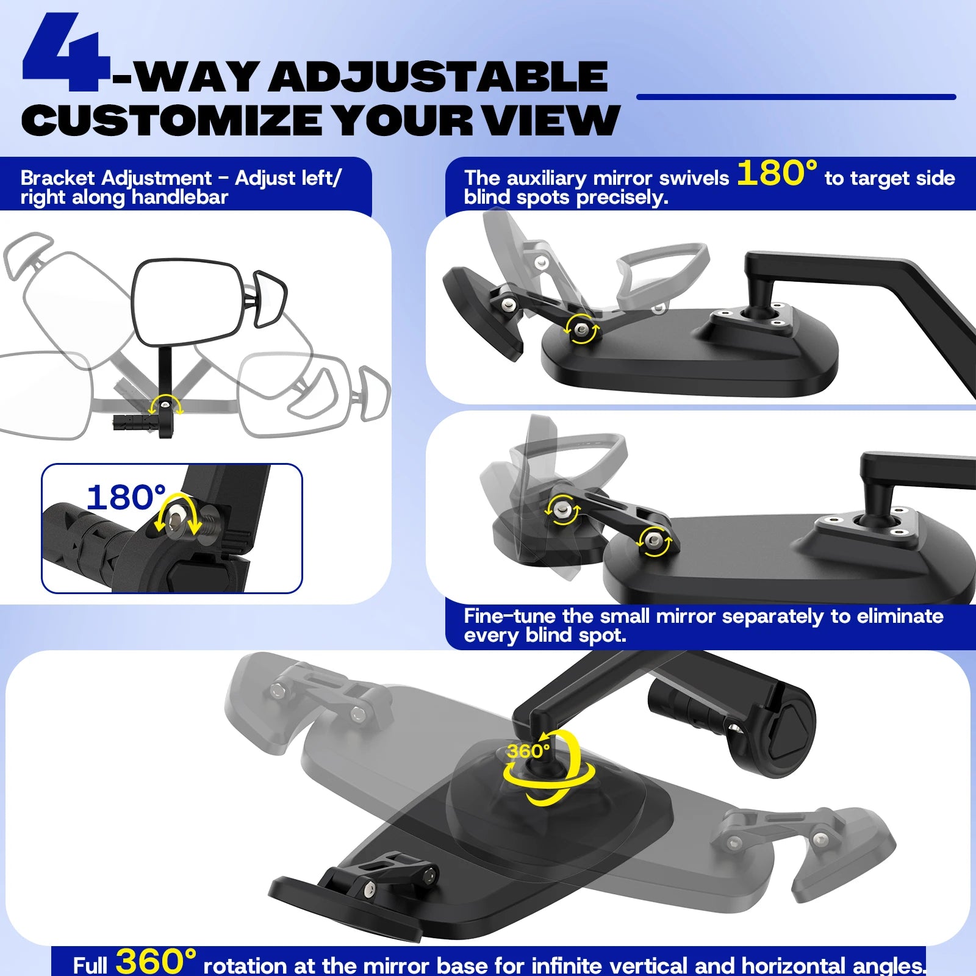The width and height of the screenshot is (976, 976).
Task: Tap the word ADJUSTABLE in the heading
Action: point(439,76)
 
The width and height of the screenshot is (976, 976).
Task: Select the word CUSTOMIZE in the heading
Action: point(172,120)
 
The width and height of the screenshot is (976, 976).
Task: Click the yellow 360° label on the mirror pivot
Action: point(528,751)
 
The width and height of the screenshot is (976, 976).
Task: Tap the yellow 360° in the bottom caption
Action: point(156,961)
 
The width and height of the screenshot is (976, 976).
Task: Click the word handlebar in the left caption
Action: point(179,198)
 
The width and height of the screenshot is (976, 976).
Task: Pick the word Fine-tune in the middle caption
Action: point(510,616)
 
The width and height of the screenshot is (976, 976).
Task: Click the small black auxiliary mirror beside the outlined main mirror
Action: point(269,299)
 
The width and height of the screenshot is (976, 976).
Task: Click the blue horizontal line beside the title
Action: point(796,96)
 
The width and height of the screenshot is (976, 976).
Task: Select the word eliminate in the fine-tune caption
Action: point(900,616)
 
